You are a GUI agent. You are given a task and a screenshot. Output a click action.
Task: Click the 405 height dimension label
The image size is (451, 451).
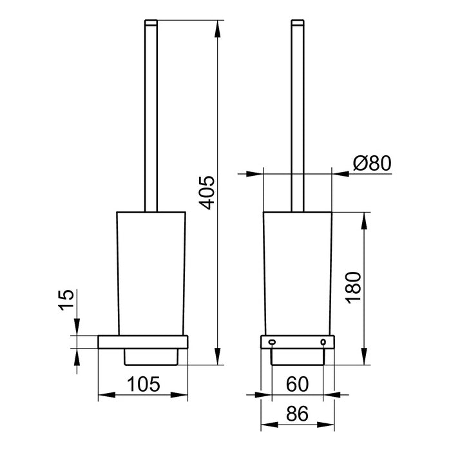205,192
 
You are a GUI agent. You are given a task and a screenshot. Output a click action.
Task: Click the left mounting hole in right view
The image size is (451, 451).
271,341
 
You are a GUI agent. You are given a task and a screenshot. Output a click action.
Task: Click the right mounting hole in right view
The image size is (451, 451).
322,341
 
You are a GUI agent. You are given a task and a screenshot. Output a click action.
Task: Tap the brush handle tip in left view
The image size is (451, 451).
150,23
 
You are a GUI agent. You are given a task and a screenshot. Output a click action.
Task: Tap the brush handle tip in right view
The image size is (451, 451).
297,23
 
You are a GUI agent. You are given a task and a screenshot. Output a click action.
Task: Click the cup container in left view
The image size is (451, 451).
150,271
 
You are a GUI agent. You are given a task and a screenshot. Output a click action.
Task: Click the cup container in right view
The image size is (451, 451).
297,271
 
